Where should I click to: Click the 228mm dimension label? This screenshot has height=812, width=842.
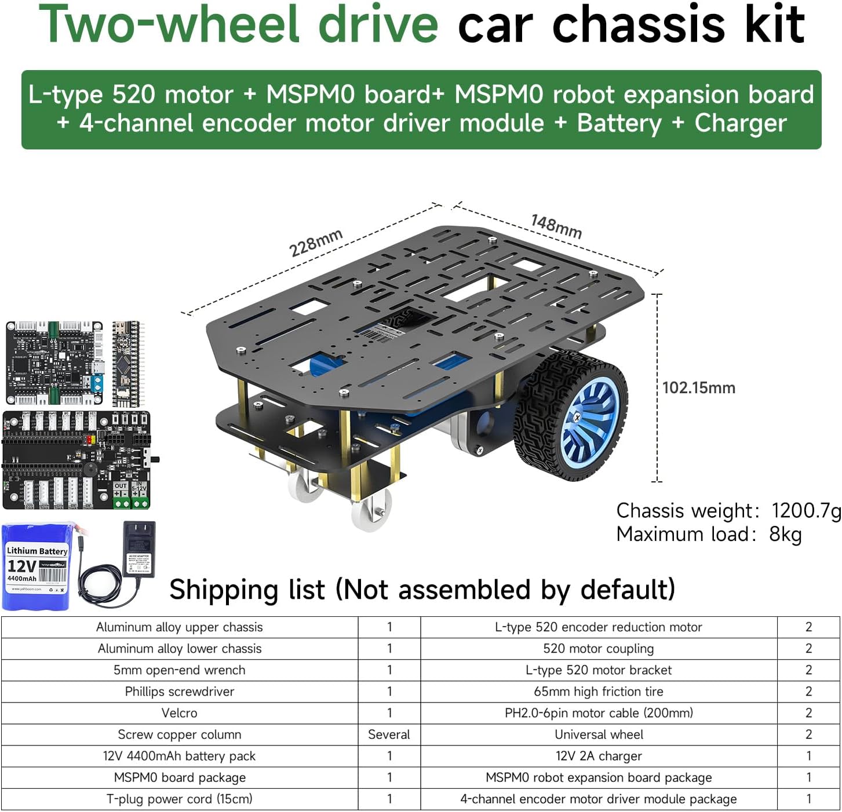pos(316,243)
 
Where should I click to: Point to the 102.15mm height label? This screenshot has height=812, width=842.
pos(698,388)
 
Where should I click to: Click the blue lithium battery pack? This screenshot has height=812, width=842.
pos(36,566)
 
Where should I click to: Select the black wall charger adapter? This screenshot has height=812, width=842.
pos(140,548)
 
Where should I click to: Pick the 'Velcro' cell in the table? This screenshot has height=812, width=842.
pos(180,713)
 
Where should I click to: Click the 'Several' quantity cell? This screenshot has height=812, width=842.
pos(389,734)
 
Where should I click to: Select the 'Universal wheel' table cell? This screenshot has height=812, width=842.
pos(599,734)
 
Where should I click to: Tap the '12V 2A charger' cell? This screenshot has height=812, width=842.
pos(599,756)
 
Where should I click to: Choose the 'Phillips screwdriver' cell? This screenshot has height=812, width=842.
pos(180,692)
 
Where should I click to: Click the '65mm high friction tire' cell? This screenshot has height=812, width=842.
pos(599,692)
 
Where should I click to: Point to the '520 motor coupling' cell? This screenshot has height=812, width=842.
pos(599,649)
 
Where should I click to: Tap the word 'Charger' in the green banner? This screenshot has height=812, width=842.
pos(741,123)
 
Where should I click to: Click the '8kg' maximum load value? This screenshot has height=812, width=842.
pos(785,534)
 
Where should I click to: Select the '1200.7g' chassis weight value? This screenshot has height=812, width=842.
pos(805,511)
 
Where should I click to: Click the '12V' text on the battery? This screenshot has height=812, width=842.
pos(21,565)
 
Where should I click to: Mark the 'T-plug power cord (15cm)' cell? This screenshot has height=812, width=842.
pos(180,799)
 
